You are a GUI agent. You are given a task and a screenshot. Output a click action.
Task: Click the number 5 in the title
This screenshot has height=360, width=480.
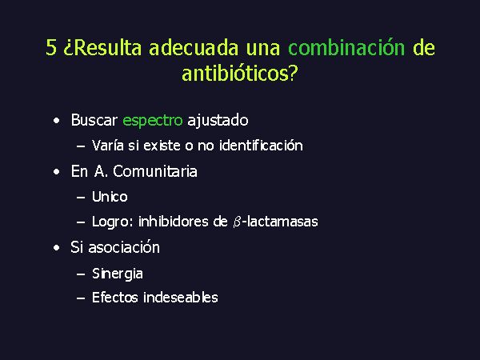51,48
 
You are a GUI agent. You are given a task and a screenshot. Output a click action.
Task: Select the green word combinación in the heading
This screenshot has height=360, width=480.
346,48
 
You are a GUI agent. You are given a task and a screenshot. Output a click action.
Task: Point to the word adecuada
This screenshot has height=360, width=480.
194,48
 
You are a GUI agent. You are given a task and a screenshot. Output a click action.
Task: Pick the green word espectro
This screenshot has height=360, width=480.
153,121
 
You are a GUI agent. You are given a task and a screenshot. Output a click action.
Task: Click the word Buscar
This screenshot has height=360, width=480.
94,120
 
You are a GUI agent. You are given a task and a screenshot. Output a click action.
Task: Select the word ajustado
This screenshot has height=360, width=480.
218,120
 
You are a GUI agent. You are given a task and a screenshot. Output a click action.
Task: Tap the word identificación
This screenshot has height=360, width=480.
261,146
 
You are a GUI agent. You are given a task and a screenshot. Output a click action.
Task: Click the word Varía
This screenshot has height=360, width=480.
107,146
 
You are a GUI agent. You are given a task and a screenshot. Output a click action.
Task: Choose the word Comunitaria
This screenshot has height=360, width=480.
155,171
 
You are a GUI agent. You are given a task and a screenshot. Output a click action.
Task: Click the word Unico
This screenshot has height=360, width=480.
110,197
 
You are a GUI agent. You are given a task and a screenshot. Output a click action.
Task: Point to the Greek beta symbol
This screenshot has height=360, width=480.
237,222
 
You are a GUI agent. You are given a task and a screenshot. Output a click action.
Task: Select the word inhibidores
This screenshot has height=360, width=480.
174,222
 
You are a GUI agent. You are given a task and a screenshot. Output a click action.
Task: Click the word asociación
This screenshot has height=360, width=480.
124,247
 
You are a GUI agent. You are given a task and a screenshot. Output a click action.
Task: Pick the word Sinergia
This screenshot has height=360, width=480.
118,274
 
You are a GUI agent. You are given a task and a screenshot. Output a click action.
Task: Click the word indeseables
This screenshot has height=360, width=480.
181,298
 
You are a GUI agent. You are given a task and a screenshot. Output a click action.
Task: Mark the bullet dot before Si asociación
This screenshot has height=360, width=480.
56,248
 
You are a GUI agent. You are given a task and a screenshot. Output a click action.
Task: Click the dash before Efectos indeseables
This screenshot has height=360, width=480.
81,298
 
